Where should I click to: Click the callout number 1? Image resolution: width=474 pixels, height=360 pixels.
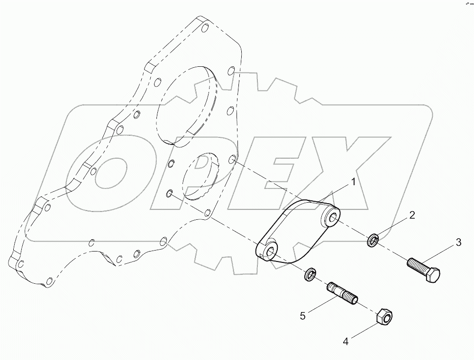[353, 182]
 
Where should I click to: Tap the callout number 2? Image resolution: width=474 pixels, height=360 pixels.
[412, 215]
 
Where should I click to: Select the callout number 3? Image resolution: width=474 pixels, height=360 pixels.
[458, 243]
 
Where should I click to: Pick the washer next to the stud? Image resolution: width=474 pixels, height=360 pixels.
[311, 273]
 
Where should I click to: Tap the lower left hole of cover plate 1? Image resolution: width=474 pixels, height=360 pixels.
[270, 252]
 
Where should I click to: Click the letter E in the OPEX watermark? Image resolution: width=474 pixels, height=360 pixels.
[275, 175]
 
